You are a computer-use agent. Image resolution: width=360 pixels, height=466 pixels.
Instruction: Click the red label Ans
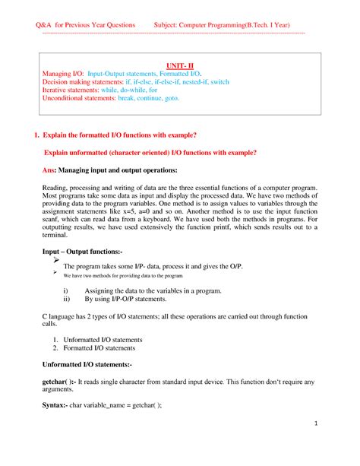pyautogui.click(x=48, y=170)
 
